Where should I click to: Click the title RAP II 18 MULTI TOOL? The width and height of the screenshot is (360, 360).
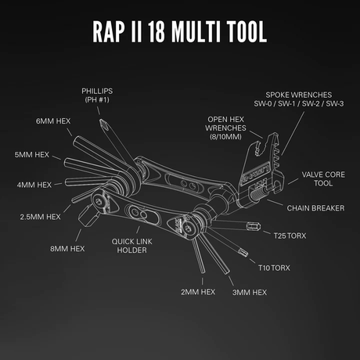(179, 32)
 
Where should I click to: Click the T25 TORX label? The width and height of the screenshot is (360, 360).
(291, 233)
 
